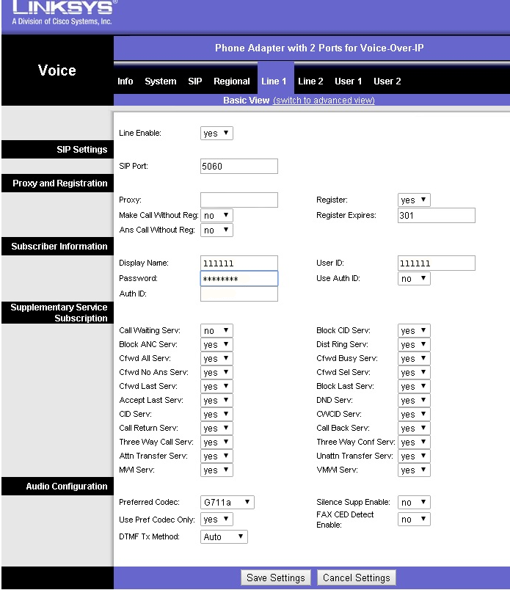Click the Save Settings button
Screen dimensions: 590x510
(x=275, y=578)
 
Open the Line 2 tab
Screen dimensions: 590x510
(x=310, y=81)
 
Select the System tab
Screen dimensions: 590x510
(x=160, y=81)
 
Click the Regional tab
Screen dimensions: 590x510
(x=231, y=81)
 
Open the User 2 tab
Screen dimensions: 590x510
(x=387, y=81)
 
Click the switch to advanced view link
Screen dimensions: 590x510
(x=324, y=101)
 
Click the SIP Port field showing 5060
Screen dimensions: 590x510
(x=238, y=167)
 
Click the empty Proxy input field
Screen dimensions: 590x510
(x=238, y=200)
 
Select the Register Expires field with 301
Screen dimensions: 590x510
(x=436, y=216)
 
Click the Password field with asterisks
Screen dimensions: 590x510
(x=238, y=279)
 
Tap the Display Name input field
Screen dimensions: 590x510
(x=238, y=263)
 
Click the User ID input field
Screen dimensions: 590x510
(x=436, y=263)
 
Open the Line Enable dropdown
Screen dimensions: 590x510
(x=216, y=134)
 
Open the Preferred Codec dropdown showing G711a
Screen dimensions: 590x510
(x=227, y=503)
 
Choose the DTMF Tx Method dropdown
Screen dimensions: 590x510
(x=224, y=537)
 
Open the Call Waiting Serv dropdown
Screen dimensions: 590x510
(x=216, y=331)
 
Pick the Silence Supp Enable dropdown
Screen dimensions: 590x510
(x=414, y=503)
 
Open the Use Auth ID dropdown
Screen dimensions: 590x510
(x=414, y=279)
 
